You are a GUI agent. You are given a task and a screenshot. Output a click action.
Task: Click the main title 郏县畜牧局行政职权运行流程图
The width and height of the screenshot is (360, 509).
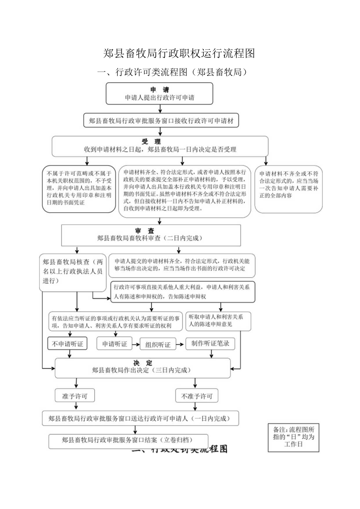tap(179, 54)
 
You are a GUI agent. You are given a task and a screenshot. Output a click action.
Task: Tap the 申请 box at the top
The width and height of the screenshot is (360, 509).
tap(159, 93)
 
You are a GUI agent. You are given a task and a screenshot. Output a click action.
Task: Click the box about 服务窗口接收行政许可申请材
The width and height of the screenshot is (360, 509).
tap(161, 121)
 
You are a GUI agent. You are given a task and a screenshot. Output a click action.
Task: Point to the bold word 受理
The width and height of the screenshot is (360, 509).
tap(151, 141)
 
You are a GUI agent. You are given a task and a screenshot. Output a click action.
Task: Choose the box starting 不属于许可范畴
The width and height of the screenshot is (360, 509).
tap(79, 189)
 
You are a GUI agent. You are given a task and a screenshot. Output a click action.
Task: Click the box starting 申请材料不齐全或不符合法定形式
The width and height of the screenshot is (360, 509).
tap(288, 189)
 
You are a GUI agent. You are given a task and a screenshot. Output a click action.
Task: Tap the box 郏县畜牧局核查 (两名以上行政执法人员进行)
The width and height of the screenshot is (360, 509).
tap(73, 272)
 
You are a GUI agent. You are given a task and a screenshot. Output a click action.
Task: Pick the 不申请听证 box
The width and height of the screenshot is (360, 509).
tap(67, 344)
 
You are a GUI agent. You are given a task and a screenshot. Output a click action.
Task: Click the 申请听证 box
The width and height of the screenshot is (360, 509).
tap(114, 344)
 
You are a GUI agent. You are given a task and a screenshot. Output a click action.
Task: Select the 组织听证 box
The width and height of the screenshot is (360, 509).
tap(158, 345)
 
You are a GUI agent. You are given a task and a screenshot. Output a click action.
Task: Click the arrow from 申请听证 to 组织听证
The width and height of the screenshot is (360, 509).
tap(136, 344)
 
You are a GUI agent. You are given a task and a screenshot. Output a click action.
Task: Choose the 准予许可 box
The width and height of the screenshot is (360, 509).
tap(75, 396)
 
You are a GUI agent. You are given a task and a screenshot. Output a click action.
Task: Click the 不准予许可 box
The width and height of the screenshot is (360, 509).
tap(196, 396)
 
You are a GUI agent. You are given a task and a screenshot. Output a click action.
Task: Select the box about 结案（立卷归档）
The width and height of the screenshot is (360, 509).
tap(128, 440)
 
